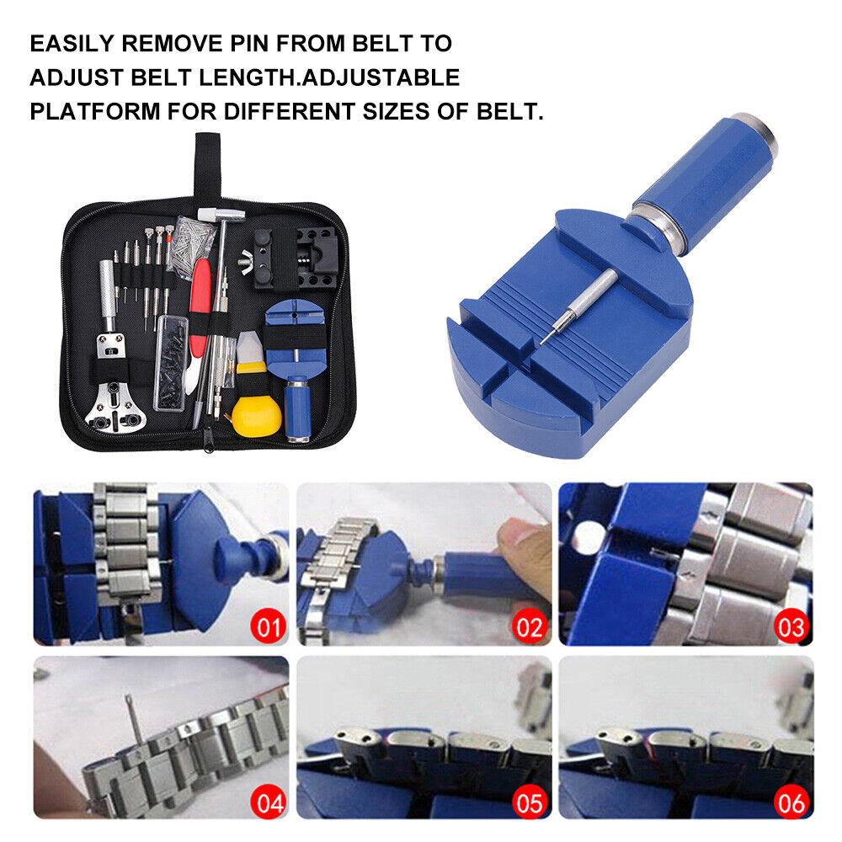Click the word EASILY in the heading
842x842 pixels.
click(x=72, y=44)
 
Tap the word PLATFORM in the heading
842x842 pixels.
click(x=95, y=111)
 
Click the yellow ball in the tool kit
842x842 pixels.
click(x=257, y=416)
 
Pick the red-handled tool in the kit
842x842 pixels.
click(x=200, y=306)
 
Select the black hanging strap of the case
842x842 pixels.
click(x=207, y=168)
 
